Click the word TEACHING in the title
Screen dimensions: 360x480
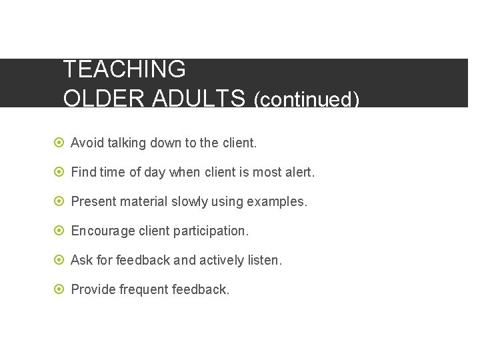pyautogui.click(x=124, y=69)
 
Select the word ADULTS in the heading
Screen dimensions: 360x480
pyautogui.click(x=199, y=98)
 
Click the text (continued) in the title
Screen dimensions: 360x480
pyautogui.click(x=307, y=99)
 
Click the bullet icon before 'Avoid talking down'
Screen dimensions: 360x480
pyautogui.click(x=59, y=143)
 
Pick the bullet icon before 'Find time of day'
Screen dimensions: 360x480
pyautogui.click(x=59, y=172)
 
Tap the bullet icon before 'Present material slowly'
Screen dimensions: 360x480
pyautogui.click(x=59, y=201)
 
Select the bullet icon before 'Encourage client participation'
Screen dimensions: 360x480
pyautogui.click(x=59, y=231)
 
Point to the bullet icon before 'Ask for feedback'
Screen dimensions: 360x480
pyautogui.click(x=59, y=260)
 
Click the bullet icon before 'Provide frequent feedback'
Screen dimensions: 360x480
pyautogui.click(x=59, y=289)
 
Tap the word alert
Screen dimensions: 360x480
pyautogui.click(x=299, y=172)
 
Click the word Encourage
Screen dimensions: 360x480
pyautogui.click(x=103, y=231)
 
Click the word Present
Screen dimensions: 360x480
pyautogui.click(x=93, y=201)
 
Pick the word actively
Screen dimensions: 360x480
pyautogui.click(x=218, y=260)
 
